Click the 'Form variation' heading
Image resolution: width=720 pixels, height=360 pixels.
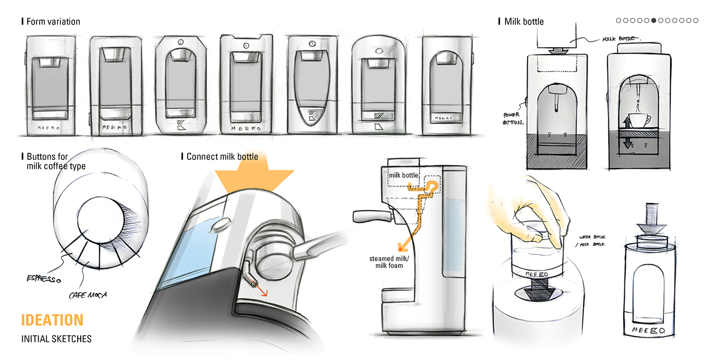(x=53, y=22)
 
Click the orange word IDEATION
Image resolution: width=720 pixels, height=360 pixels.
(x=52, y=320)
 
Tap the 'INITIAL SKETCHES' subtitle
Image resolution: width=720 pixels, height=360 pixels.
(x=56, y=339)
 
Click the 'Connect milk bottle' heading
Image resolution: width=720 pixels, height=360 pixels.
(x=222, y=156)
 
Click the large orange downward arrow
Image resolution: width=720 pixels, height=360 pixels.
(x=255, y=180)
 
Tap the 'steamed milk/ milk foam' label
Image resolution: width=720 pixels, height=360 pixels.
(x=389, y=262)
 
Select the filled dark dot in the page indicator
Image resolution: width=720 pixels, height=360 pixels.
(x=654, y=21)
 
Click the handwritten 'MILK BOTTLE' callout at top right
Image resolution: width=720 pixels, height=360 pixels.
(x=620, y=39)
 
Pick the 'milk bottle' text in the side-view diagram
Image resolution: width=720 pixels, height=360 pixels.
(x=403, y=175)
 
